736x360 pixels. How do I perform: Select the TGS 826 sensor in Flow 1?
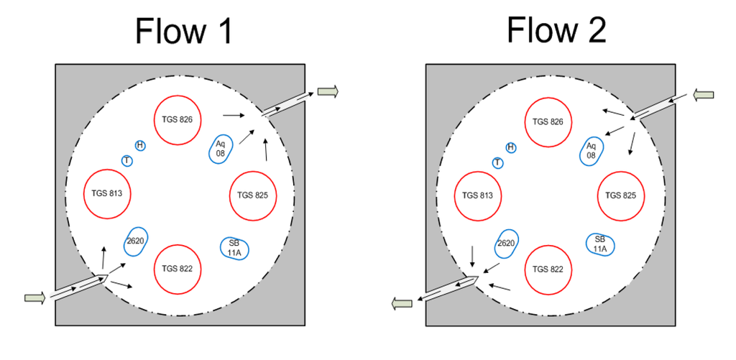coord(178,120)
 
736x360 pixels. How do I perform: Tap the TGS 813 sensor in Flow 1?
coord(107,194)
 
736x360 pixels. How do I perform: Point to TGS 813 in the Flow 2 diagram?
coord(478,195)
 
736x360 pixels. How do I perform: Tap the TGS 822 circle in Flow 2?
coord(548,269)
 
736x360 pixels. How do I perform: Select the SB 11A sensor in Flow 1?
coord(234,248)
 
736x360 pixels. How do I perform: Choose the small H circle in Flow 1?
coord(140,146)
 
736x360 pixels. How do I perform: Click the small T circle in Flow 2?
coord(497,162)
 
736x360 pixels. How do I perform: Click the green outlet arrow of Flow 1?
coord(328,91)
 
